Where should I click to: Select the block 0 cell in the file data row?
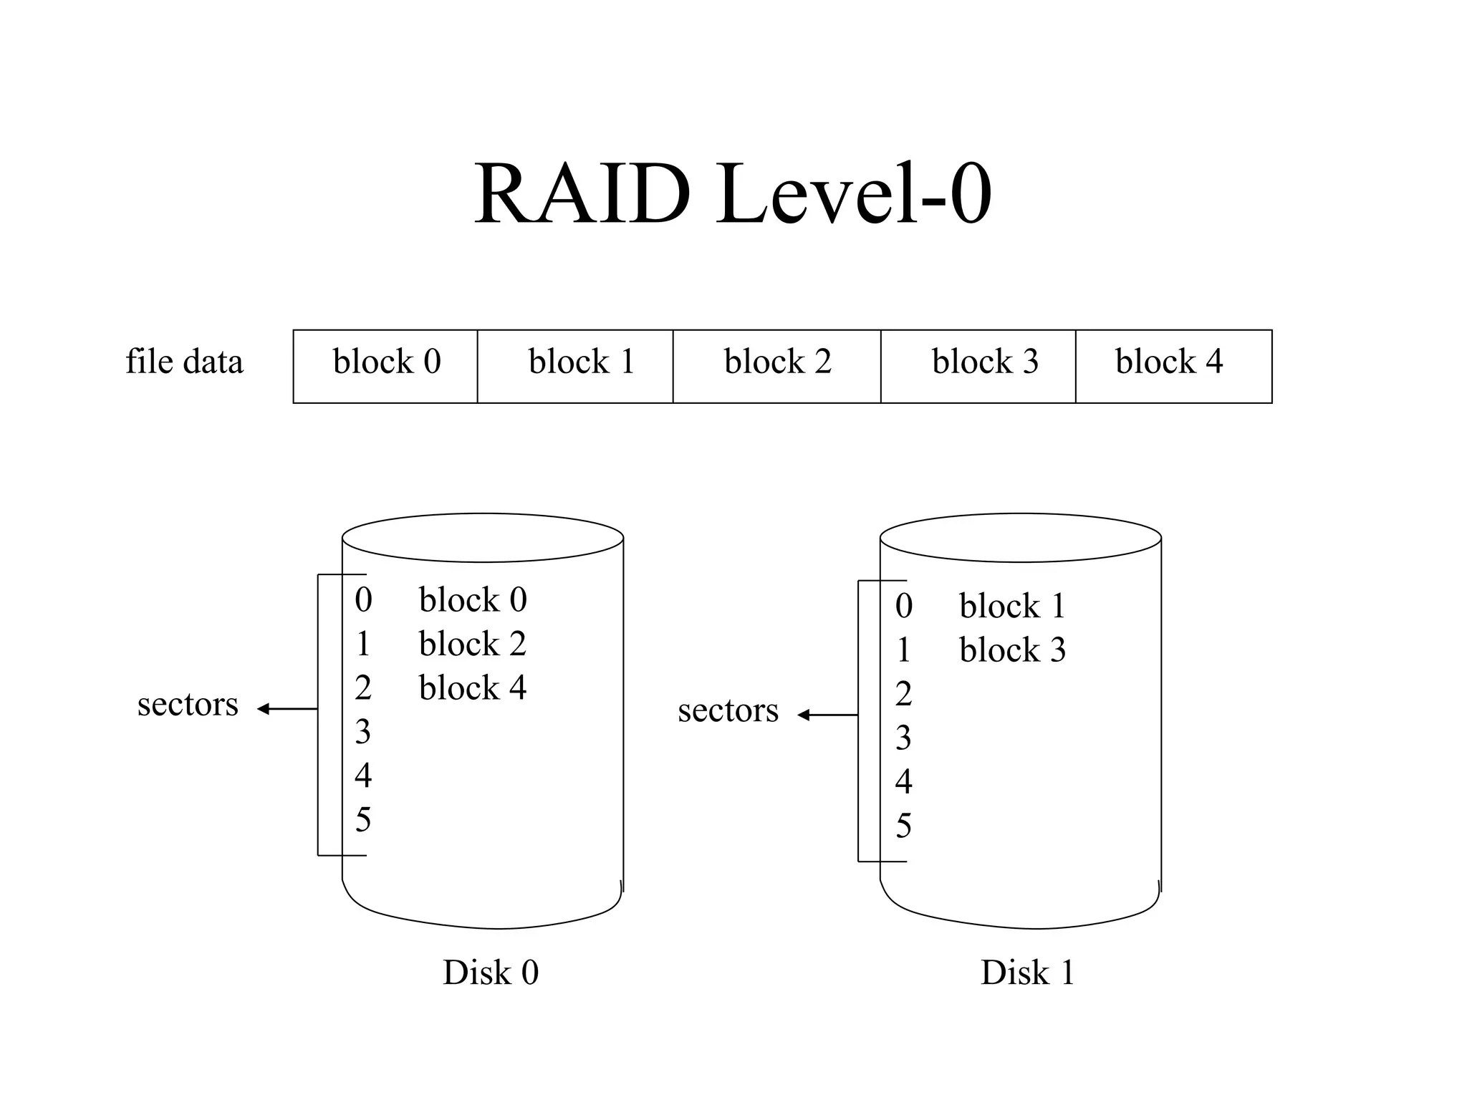[385, 366]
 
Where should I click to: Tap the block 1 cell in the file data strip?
[575, 366]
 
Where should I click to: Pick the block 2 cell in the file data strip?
[777, 366]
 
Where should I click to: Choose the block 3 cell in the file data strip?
[978, 366]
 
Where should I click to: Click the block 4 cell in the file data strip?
[1173, 366]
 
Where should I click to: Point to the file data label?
[184, 361]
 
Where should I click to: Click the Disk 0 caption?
[491, 973]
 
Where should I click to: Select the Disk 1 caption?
[1027, 973]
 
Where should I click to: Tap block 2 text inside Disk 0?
[473, 644]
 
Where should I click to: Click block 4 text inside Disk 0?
[473, 688]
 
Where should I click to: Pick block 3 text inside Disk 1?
[1012, 650]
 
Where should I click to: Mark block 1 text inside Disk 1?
[1012, 607]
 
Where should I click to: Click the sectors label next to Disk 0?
[188, 705]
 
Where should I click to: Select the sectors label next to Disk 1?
[728, 711]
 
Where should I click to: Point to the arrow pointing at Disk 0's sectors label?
[287, 709]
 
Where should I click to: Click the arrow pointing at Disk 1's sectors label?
[827, 715]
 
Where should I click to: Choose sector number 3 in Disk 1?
[903, 738]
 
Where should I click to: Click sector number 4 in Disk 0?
[363, 776]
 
